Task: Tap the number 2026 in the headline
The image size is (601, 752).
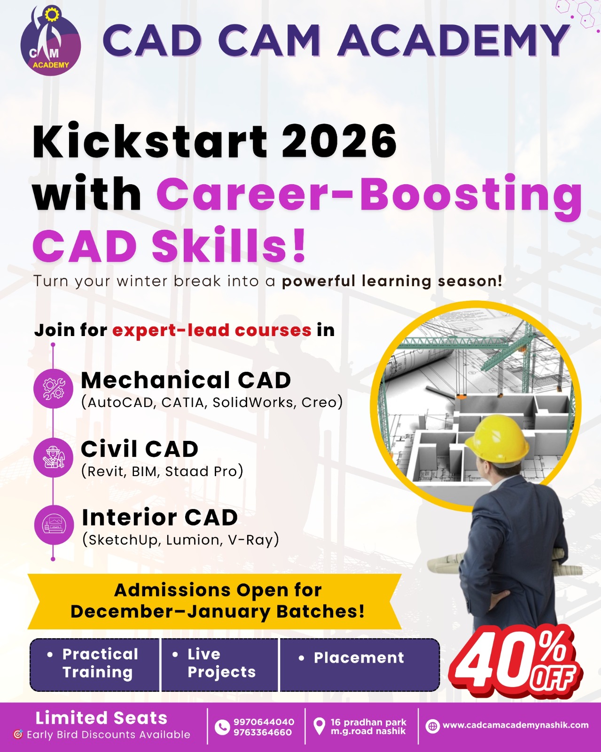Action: click(x=339, y=141)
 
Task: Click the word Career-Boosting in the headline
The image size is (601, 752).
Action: click(x=369, y=194)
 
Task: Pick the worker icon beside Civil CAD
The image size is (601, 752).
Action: click(x=54, y=458)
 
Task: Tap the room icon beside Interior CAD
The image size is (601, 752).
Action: click(x=54, y=525)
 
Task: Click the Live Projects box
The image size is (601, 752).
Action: click(x=220, y=663)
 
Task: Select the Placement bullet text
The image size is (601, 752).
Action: click(x=359, y=658)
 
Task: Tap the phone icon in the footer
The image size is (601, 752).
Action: click(x=222, y=727)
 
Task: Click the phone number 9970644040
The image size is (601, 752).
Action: click(x=264, y=722)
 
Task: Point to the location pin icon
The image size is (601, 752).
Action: click(x=319, y=726)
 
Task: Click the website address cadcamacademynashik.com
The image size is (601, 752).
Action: click(x=515, y=725)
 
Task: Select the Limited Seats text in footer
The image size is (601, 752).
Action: click(x=101, y=718)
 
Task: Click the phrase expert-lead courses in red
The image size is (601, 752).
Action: click(x=211, y=330)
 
